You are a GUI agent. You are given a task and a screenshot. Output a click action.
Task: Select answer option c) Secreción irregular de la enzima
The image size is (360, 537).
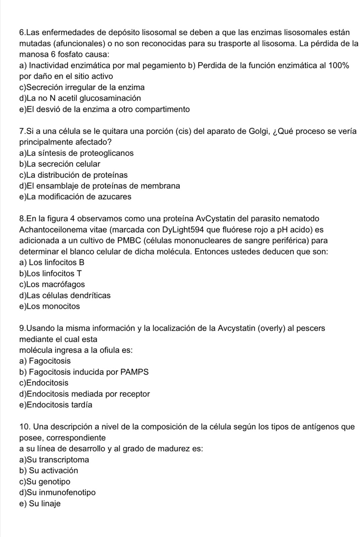82,88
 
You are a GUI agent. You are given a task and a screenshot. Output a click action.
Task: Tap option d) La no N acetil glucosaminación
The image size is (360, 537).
80,98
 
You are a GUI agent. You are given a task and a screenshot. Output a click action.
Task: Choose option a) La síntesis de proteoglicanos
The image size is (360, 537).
76,153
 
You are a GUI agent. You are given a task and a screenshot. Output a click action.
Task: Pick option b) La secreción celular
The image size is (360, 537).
60,164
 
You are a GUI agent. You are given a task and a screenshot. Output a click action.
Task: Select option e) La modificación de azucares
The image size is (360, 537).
75,197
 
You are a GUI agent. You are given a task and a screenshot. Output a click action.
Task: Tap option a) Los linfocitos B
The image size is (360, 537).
52,262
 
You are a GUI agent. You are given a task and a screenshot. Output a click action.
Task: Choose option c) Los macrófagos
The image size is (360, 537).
52,284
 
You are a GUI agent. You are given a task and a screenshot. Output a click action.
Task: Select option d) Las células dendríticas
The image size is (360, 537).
65,296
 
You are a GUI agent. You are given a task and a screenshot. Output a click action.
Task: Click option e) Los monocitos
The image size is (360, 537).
50,306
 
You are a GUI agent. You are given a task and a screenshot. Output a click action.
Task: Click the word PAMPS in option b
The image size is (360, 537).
134,372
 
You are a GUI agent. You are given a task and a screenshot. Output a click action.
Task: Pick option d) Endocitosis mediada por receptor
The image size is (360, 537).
85,394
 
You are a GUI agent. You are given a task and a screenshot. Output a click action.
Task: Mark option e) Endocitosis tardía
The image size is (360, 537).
56,405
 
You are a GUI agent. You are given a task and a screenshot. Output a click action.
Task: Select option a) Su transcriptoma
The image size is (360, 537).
54,460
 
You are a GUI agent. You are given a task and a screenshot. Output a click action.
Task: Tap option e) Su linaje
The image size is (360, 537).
40,504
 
